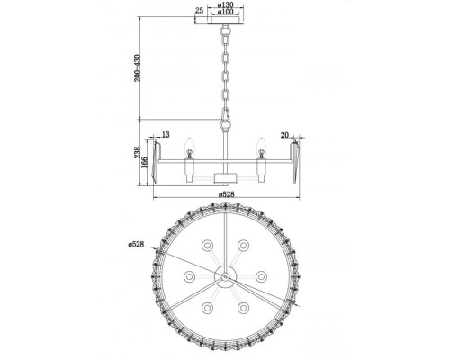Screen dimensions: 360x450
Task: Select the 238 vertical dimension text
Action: coord(138,154)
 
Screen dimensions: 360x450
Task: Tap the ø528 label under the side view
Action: coord(225,193)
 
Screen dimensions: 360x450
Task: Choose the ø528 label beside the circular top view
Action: coord(137,244)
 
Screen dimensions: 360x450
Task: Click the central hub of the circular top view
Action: coord(225,274)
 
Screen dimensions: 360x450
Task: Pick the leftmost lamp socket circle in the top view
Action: coord(190,274)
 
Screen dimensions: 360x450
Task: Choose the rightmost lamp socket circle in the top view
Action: coord(260,274)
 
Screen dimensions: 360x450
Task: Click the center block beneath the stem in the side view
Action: coord(225,172)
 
